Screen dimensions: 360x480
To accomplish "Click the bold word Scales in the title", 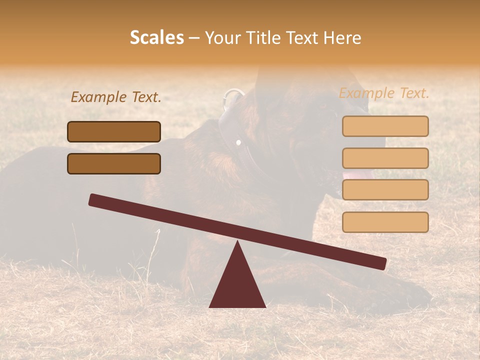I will coord(156,37).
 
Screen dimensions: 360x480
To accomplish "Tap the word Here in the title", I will coord(343,37).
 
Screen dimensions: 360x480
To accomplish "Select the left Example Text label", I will coord(116,97).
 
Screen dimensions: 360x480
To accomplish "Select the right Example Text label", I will coord(384,93).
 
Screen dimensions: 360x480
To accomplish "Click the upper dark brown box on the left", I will coord(114,131).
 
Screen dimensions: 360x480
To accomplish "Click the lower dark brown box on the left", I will coord(114,163).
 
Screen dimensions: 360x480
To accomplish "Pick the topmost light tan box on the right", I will coord(385,126).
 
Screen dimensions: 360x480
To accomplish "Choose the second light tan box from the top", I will coord(385,158).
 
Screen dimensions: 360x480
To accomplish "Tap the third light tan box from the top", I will coord(385,189).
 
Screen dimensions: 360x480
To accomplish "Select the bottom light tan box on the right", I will coord(385,222).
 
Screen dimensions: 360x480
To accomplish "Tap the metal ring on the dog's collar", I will coord(232,97).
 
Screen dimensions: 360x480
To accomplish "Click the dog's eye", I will coord(323,105).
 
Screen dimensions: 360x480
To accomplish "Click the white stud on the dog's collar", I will coord(238,143).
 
